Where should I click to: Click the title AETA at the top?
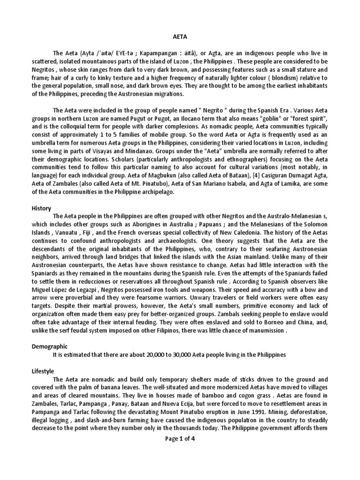tap(180, 41)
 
